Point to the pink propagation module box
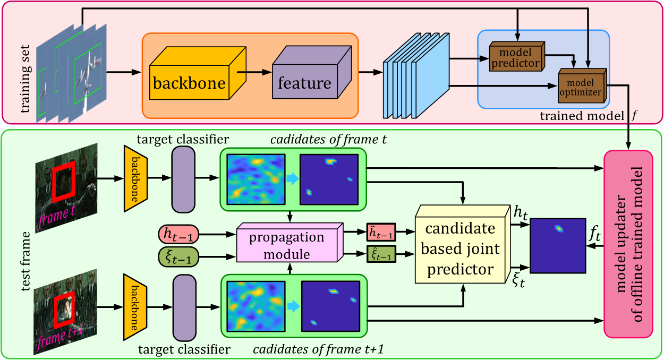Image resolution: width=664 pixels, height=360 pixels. pos(287,246)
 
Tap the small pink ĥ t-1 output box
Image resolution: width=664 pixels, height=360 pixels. pos(380,233)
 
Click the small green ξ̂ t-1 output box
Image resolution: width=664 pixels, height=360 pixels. pos(380,256)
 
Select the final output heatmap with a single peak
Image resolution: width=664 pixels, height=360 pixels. pos(556,246)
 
